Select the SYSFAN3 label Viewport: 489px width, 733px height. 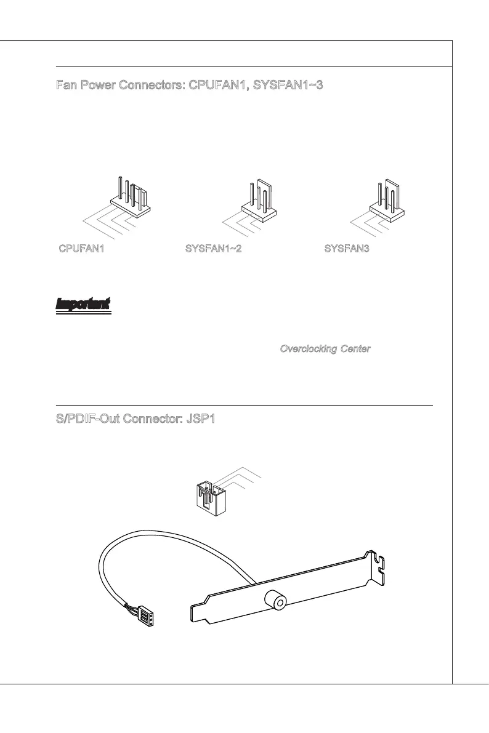[x=347, y=249]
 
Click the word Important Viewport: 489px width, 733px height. [x=83, y=303]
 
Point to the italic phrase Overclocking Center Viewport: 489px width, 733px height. [x=325, y=349]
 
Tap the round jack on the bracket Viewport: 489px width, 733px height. [x=272, y=600]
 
